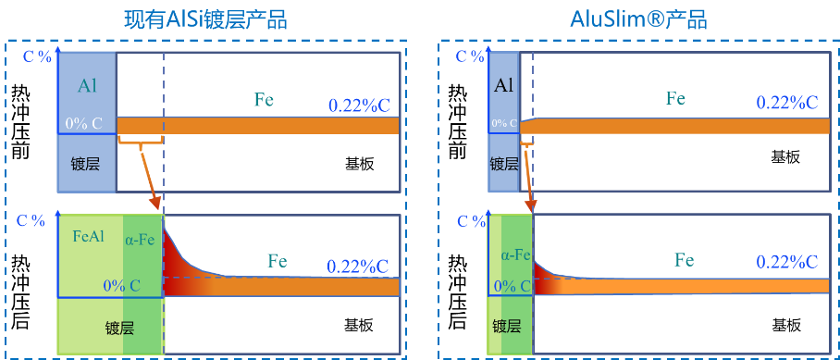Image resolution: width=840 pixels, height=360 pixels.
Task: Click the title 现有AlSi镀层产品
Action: click(x=205, y=19)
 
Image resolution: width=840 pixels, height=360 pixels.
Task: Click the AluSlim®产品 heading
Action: click(x=639, y=19)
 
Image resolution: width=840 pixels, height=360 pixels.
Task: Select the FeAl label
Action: click(x=88, y=235)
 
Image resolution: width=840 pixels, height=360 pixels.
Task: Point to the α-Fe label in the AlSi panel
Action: click(x=142, y=238)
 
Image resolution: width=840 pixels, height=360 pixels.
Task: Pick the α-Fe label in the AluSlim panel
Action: click(x=515, y=254)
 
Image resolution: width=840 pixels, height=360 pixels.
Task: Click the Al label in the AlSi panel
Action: click(x=86, y=86)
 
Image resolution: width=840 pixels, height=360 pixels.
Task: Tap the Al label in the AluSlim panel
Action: click(x=504, y=86)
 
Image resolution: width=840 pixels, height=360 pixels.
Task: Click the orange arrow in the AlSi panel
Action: click(x=150, y=176)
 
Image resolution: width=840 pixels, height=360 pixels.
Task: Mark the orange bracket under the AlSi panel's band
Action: click(x=141, y=141)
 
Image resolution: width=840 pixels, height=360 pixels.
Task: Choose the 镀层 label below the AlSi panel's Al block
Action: click(x=86, y=164)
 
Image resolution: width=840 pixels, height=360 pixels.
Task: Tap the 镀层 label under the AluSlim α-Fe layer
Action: click(x=507, y=326)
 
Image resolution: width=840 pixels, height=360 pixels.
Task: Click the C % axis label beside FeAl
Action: click(x=35, y=220)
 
